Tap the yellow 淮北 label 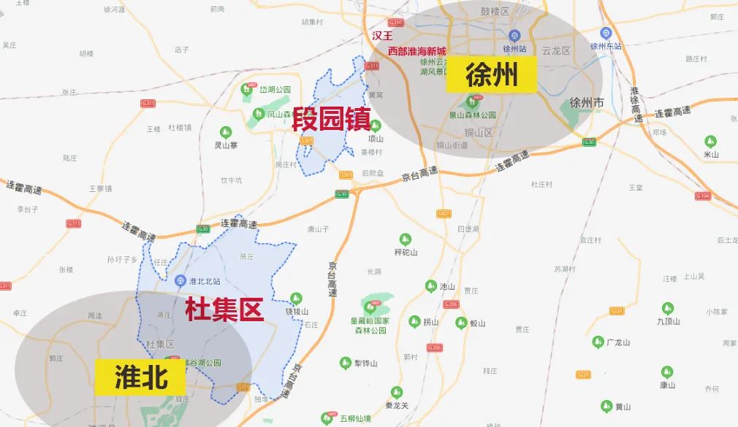pos(142,377)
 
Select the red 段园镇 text pos(331,119)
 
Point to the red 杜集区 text pos(224,309)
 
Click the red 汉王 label pos(382,35)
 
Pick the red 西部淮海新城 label pos(416,51)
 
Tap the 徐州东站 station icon pos(606,33)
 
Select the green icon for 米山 pos(710,142)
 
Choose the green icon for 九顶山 pos(668,308)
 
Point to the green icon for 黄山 pos(606,406)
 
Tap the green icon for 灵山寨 pos(226,132)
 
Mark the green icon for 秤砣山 pos(405,239)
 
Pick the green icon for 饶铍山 pos(296,298)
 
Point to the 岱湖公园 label pos(277,89)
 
